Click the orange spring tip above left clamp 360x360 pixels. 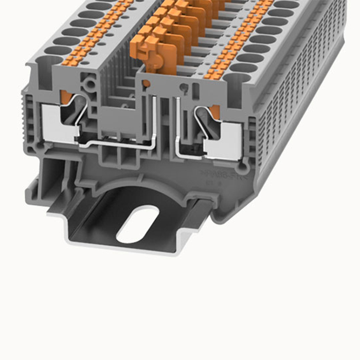[x=65, y=96]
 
